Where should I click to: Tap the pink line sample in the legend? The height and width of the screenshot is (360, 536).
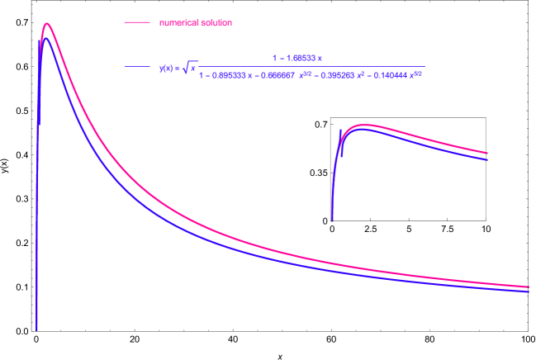(136, 22)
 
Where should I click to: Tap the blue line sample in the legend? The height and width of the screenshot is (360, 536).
(136, 67)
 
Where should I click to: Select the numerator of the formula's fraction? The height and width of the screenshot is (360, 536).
(296, 58)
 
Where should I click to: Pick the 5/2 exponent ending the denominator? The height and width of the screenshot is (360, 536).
(418, 73)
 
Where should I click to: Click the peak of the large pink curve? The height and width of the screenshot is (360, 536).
(47, 24)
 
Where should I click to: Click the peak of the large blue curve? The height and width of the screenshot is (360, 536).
(46, 38)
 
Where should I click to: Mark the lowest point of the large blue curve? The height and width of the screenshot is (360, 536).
(36, 329)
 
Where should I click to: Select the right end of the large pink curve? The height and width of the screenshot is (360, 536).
(529, 287)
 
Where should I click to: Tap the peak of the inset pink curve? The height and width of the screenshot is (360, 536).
(363, 126)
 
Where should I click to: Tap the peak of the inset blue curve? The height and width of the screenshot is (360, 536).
(364, 130)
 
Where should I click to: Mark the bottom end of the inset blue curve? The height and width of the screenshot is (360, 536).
(332, 220)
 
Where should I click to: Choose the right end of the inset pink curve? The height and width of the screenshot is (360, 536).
(488, 153)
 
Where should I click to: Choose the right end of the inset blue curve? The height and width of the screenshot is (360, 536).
(488, 159)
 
